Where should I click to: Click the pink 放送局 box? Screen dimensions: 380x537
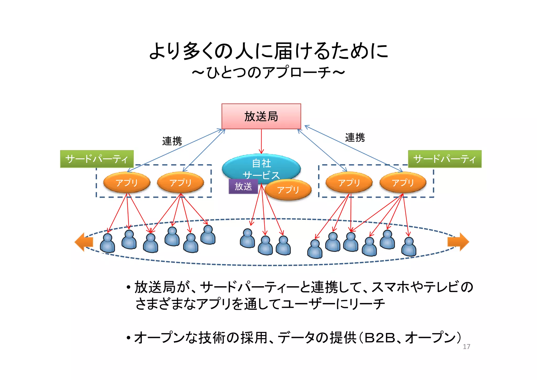(x=261, y=116)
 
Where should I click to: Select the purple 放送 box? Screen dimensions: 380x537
(x=243, y=186)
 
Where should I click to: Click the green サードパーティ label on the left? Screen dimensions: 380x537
(x=97, y=159)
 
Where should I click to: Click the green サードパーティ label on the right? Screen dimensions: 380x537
(x=445, y=159)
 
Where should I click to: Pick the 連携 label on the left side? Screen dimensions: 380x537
(x=172, y=141)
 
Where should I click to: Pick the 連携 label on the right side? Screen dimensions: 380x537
(x=355, y=138)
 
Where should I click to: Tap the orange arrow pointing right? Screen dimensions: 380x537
(x=458, y=242)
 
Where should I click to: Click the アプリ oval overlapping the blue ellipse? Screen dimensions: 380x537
(x=288, y=190)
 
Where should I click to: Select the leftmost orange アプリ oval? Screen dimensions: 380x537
(x=127, y=183)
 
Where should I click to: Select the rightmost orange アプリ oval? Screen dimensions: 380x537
(x=403, y=183)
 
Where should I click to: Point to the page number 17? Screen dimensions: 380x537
(x=466, y=347)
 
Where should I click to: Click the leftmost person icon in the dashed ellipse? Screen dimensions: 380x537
(x=108, y=243)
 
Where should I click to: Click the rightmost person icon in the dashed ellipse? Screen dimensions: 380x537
(x=409, y=247)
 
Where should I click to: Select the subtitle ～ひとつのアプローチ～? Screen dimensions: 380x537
(x=268, y=72)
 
